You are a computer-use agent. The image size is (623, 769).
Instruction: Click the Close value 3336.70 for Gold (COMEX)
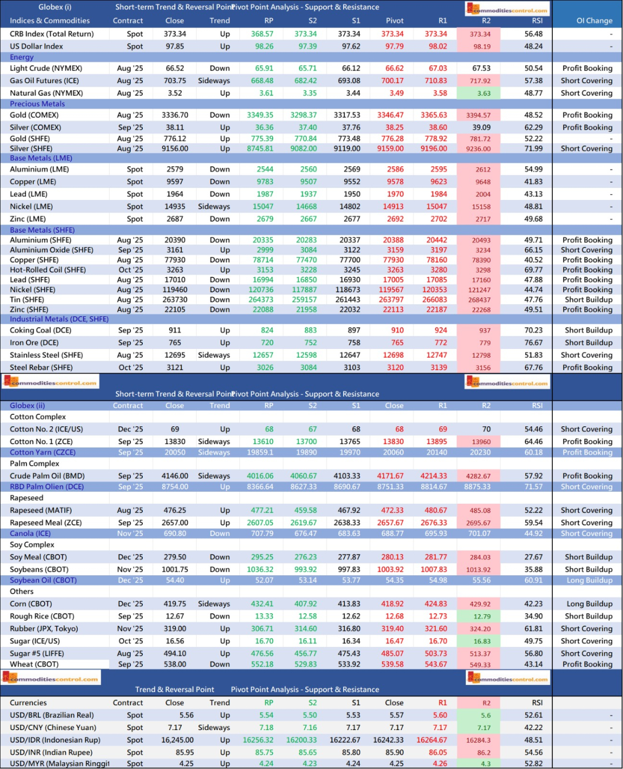coord(174,115)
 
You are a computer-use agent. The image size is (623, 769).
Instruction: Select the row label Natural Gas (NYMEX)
coord(46,93)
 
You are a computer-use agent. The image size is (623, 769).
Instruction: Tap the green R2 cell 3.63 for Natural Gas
coord(483,93)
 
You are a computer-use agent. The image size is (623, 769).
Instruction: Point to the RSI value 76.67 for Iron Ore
coord(533,343)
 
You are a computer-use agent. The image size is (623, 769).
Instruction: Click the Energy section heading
coord(22,57)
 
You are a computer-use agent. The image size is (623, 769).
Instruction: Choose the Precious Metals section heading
coord(37,104)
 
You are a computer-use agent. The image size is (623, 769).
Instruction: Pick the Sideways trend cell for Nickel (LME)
coord(214,207)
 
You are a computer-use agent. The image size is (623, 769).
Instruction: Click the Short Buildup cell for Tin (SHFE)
coord(588,300)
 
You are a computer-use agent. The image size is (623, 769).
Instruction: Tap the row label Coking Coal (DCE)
coord(40,330)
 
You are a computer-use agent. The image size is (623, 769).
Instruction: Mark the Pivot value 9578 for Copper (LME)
coord(395,182)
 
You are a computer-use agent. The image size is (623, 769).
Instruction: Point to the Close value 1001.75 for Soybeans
coord(174,570)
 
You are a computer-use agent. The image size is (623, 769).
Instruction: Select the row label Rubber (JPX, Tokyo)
coord(44,629)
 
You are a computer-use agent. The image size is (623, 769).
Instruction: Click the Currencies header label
coord(28,703)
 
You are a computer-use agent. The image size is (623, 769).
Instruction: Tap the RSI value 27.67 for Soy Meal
coord(533,557)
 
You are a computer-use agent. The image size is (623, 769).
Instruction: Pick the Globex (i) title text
coord(55,7)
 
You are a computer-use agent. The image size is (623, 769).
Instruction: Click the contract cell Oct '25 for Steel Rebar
coord(130,368)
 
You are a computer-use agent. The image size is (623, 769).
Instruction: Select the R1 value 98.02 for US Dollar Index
coord(438,46)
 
